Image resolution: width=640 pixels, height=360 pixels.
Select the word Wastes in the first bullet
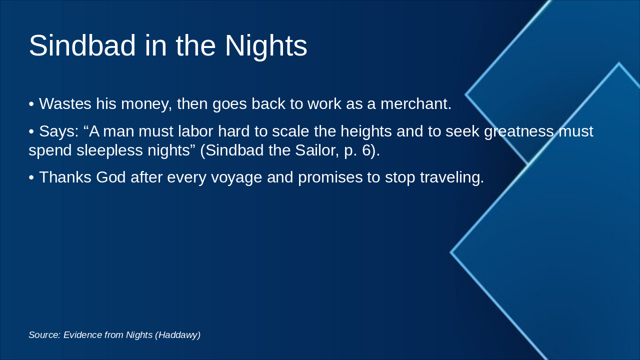tap(65, 104)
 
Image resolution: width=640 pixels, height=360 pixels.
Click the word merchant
tap(415, 104)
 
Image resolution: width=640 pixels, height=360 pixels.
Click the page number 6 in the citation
tap(366, 150)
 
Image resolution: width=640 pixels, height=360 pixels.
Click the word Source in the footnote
tap(44, 335)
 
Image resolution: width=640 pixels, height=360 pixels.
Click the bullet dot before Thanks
tap(31, 178)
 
